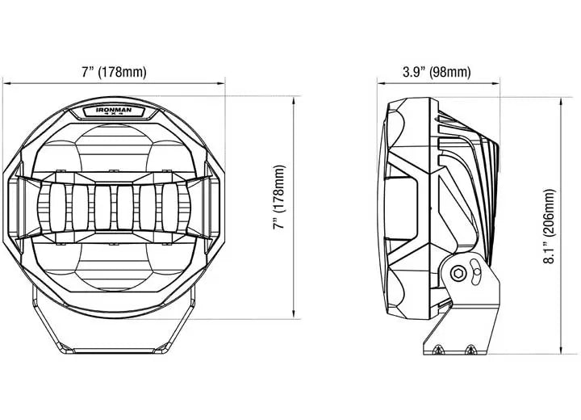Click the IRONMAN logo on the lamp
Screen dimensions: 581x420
point(114,111)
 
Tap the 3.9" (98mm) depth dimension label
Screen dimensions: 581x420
point(437,72)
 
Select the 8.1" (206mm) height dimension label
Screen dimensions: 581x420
point(550,226)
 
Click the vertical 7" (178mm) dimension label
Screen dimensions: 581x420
point(279,197)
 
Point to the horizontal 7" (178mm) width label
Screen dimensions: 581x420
point(114,72)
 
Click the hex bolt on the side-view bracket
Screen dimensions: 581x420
point(458,274)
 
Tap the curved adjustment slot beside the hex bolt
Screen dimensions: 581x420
point(475,272)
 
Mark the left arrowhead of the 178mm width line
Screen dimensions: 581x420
point(6,84)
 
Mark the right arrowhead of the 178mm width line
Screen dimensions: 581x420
point(222,84)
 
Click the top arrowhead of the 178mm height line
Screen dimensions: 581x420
point(294,99)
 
